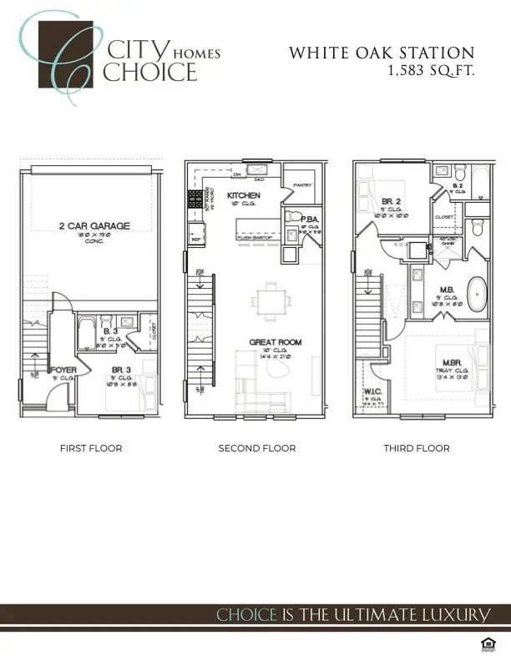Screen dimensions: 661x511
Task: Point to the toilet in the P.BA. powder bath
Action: (x=292, y=216)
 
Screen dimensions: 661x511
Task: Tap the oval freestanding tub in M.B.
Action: (x=476, y=295)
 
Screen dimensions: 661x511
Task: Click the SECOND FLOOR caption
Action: (x=256, y=448)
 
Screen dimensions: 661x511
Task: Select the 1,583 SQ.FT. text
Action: (x=430, y=72)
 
